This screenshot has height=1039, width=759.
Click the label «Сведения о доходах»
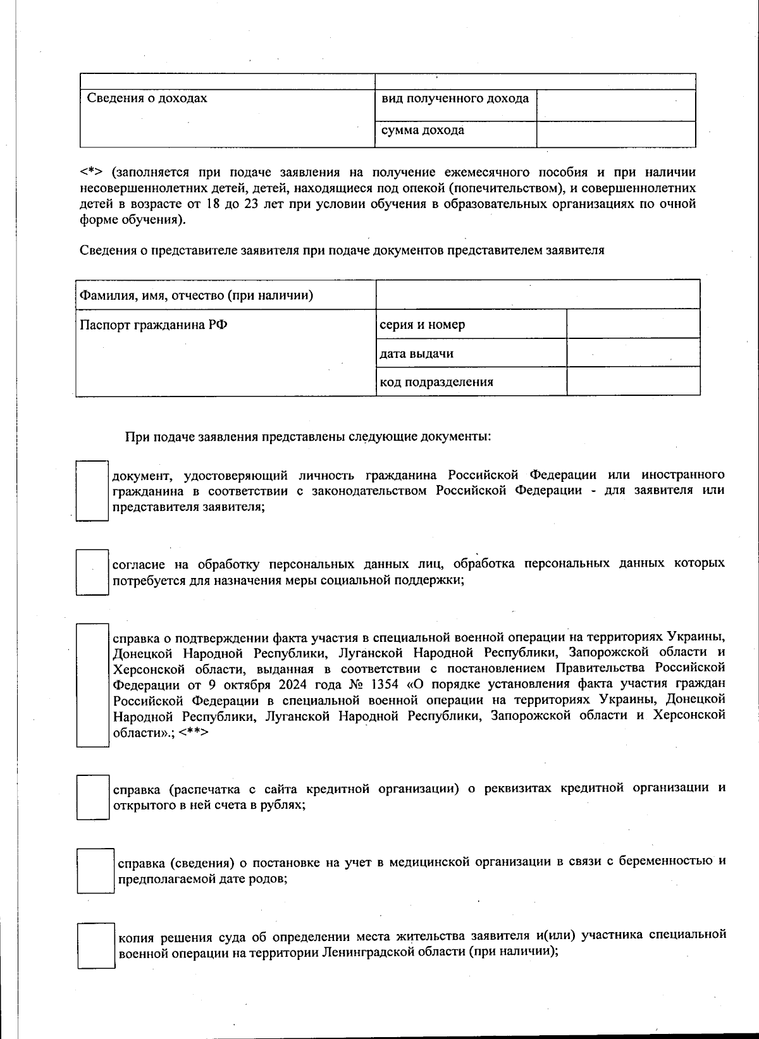pyautogui.click(x=147, y=99)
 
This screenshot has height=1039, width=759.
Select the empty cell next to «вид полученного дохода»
pyautogui.click(x=615, y=106)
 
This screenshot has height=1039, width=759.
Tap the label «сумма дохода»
pyautogui.click(x=423, y=131)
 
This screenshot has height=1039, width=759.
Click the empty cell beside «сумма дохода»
pyautogui.click(x=615, y=134)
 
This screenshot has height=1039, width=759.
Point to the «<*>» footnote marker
pyautogui.click(x=91, y=172)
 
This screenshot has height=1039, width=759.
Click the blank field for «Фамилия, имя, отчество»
pyautogui.click(x=538, y=295)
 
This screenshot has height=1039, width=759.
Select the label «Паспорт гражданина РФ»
pyautogui.click(x=154, y=325)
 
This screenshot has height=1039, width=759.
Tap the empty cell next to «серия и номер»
pyautogui.click(x=633, y=324)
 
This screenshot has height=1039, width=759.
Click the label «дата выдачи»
pyautogui.click(x=416, y=354)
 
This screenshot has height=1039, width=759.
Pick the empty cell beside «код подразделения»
pyautogui.click(x=633, y=381)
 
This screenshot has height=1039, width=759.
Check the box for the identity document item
pyautogui.click(x=92, y=491)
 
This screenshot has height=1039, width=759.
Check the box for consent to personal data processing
pyautogui.click(x=92, y=572)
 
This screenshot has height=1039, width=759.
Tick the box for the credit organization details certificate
pyautogui.click(x=92, y=797)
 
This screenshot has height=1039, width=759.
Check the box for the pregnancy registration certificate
pyautogui.click(x=96, y=870)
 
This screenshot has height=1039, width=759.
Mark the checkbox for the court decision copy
pyautogui.click(x=96, y=945)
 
